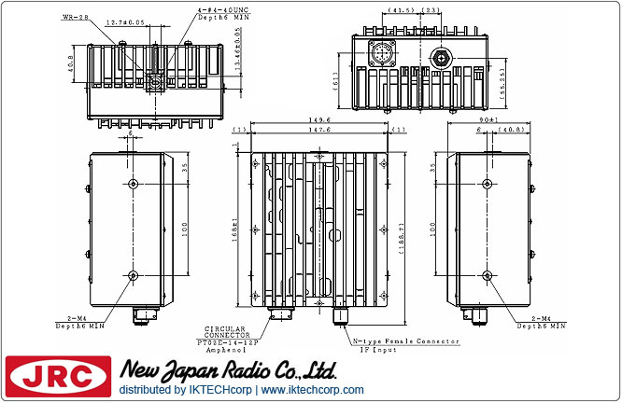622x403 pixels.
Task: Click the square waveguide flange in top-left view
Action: click(x=154, y=83)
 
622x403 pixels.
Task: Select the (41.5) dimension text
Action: click(x=403, y=10)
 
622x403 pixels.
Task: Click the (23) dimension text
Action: click(x=432, y=10)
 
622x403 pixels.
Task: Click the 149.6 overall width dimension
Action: click(x=322, y=120)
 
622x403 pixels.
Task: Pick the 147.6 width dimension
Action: click(x=322, y=130)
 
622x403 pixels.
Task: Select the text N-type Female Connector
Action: click(x=405, y=341)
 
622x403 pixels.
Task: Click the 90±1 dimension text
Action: click(x=490, y=120)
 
